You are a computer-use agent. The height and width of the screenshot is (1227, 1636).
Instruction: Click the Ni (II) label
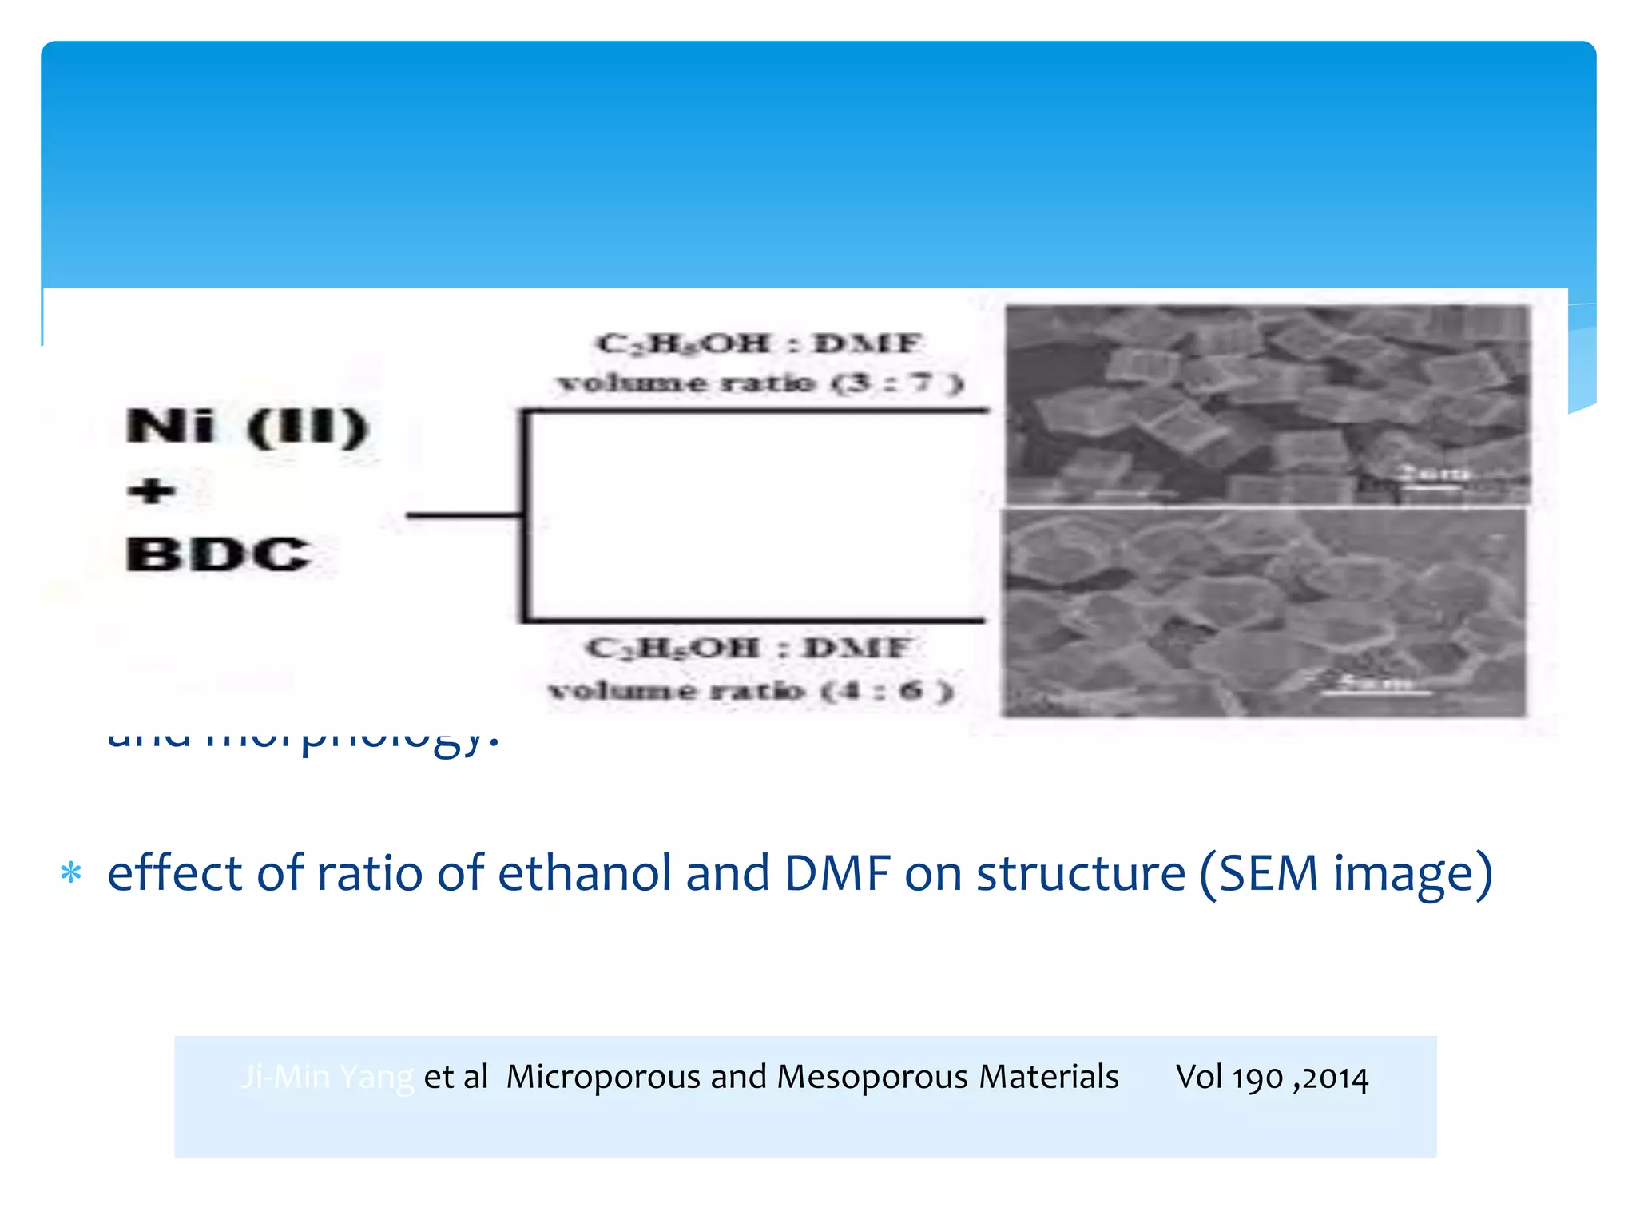[x=247, y=427]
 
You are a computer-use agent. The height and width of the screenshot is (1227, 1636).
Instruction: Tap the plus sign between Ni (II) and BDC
[x=152, y=490]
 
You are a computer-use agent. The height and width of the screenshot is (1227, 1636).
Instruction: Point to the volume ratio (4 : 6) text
[x=751, y=689]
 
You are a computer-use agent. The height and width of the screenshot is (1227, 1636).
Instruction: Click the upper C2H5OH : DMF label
[x=759, y=344]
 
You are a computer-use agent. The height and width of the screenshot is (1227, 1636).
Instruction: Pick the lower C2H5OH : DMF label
[x=748, y=648]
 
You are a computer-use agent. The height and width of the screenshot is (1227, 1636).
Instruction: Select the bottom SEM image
[x=1264, y=613]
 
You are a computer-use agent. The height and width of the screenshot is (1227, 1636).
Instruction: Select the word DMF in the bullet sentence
[x=837, y=872]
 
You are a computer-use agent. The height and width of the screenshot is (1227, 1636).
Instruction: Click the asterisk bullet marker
[x=71, y=873]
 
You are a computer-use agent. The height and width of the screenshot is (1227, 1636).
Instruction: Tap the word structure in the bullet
[x=1081, y=872]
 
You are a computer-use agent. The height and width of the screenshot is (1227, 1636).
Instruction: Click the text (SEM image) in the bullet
[x=1346, y=874]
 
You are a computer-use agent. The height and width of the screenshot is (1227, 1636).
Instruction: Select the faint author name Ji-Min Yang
[x=327, y=1077]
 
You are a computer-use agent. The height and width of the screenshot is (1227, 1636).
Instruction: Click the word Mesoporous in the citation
[x=872, y=1077]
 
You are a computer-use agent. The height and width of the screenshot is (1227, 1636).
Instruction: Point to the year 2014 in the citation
[x=1336, y=1078]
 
